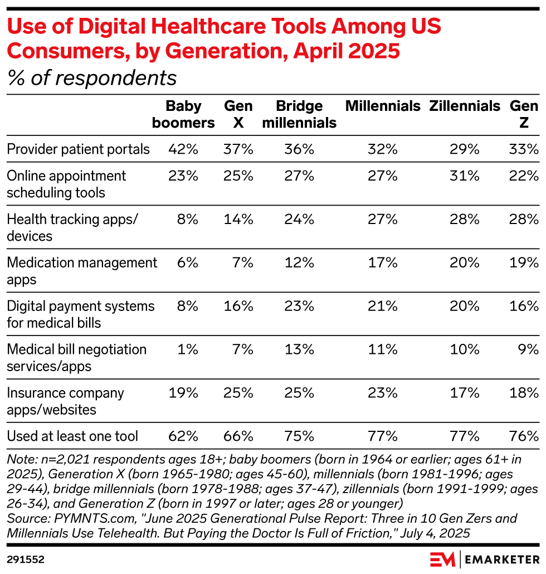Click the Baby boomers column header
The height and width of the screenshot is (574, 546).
(183, 114)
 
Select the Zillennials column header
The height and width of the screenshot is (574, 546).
(465, 106)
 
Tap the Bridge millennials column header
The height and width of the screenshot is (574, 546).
(299, 114)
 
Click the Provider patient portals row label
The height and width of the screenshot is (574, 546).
(79, 149)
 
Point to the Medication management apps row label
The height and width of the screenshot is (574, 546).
(82, 271)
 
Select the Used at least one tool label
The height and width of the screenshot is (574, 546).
(72, 435)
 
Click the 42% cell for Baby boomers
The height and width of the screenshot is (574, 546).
(183, 149)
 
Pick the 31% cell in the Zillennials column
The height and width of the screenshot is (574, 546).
(465, 176)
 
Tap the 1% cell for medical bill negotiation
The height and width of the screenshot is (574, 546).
(188, 349)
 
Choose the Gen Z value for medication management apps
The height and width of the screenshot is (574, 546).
(524, 262)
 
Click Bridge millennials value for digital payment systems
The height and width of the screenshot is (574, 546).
(300, 306)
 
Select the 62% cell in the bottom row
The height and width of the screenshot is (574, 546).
(183, 435)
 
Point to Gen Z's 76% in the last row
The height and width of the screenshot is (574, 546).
(524, 435)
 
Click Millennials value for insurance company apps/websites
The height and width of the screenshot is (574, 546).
(383, 393)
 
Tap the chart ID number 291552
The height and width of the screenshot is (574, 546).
(26, 558)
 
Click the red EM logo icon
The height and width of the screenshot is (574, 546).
(443, 558)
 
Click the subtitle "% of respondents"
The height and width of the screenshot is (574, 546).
(92, 78)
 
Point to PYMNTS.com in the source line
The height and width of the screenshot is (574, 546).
(84, 518)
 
